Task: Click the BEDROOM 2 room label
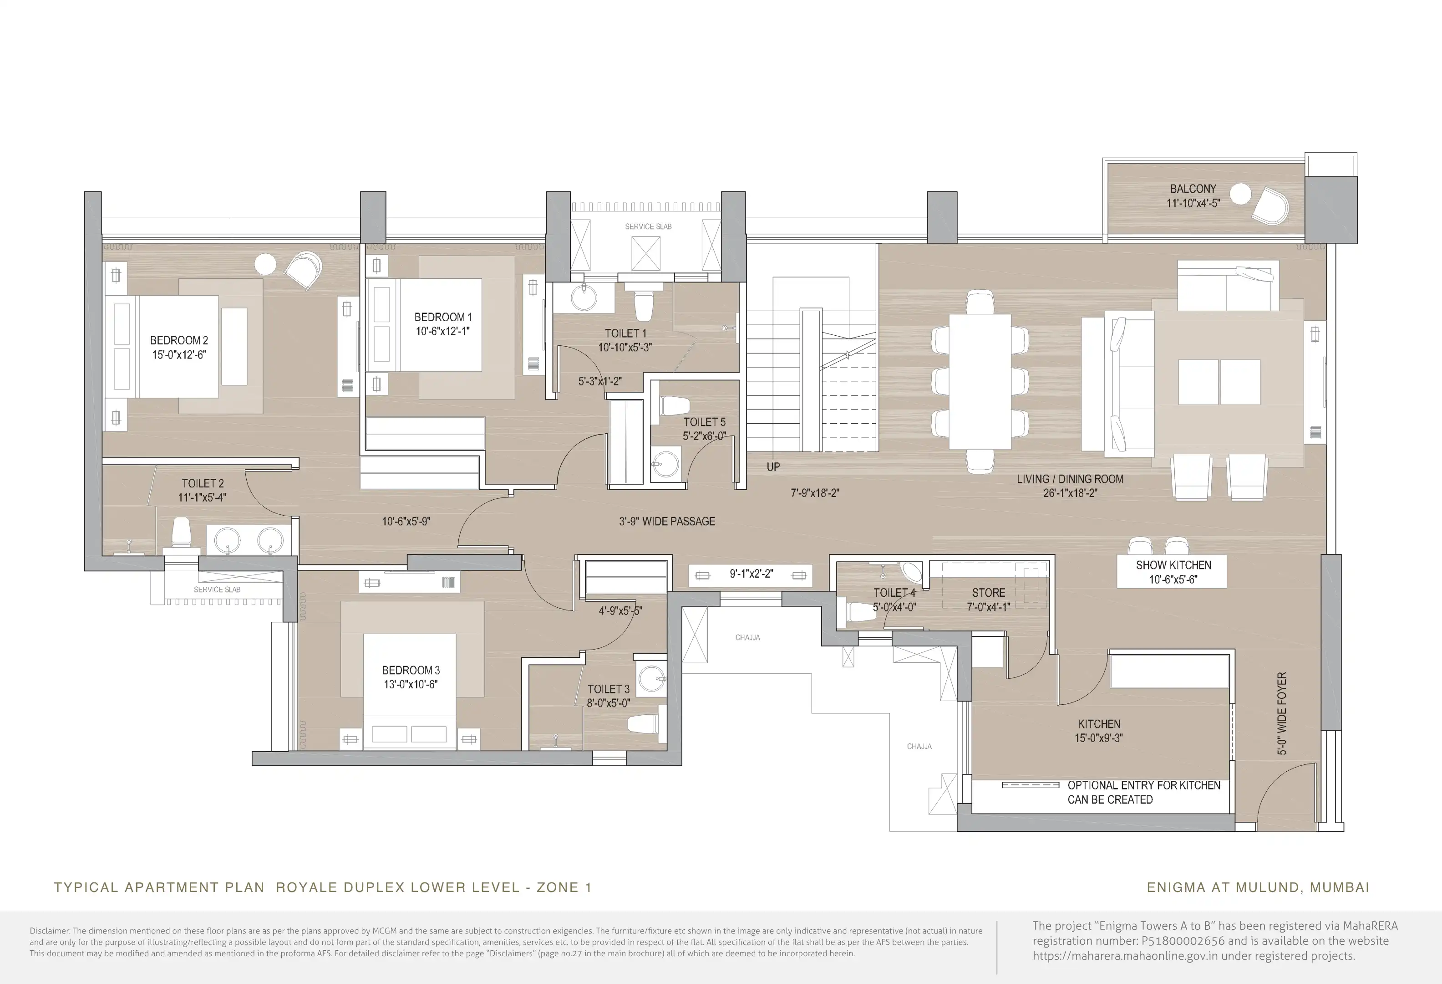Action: point(179,340)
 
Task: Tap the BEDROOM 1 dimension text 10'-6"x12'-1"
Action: point(442,332)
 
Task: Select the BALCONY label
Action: point(1193,189)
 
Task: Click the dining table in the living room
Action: point(980,381)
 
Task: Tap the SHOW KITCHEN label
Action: point(1173,565)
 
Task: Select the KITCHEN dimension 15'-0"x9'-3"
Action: point(1099,738)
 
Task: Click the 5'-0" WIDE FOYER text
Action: point(1282,714)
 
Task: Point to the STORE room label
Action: point(989,593)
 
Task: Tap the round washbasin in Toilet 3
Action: point(651,679)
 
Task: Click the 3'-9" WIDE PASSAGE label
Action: point(667,522)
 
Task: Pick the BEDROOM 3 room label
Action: point(411,671)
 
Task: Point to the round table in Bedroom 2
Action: point(265,265)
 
